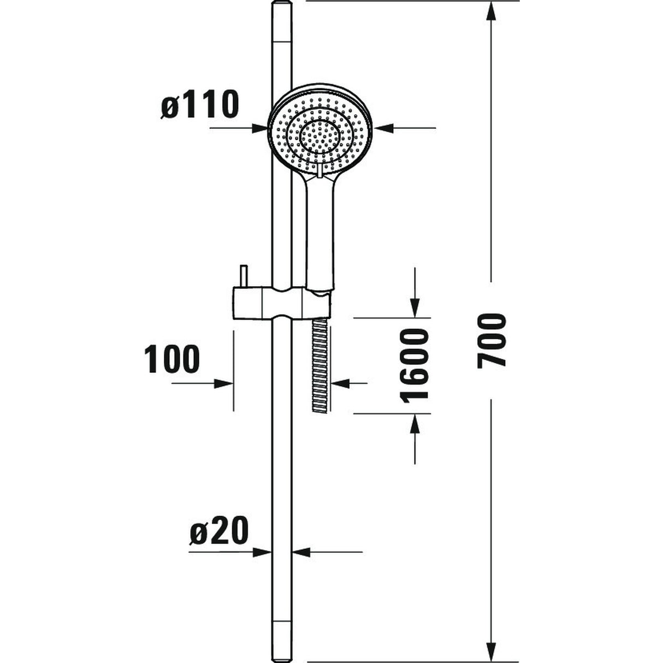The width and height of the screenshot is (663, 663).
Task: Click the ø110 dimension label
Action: tap(200, 105)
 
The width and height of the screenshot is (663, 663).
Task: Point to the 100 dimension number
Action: tap(172, 359)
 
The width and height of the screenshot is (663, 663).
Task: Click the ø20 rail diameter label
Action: tap(219, 530)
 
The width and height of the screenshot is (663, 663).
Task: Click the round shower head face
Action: tap(320, 128)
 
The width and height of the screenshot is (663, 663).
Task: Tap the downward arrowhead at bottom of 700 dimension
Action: tap(492, 650)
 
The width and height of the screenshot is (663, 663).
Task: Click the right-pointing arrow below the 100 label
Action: tap(224, 383)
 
